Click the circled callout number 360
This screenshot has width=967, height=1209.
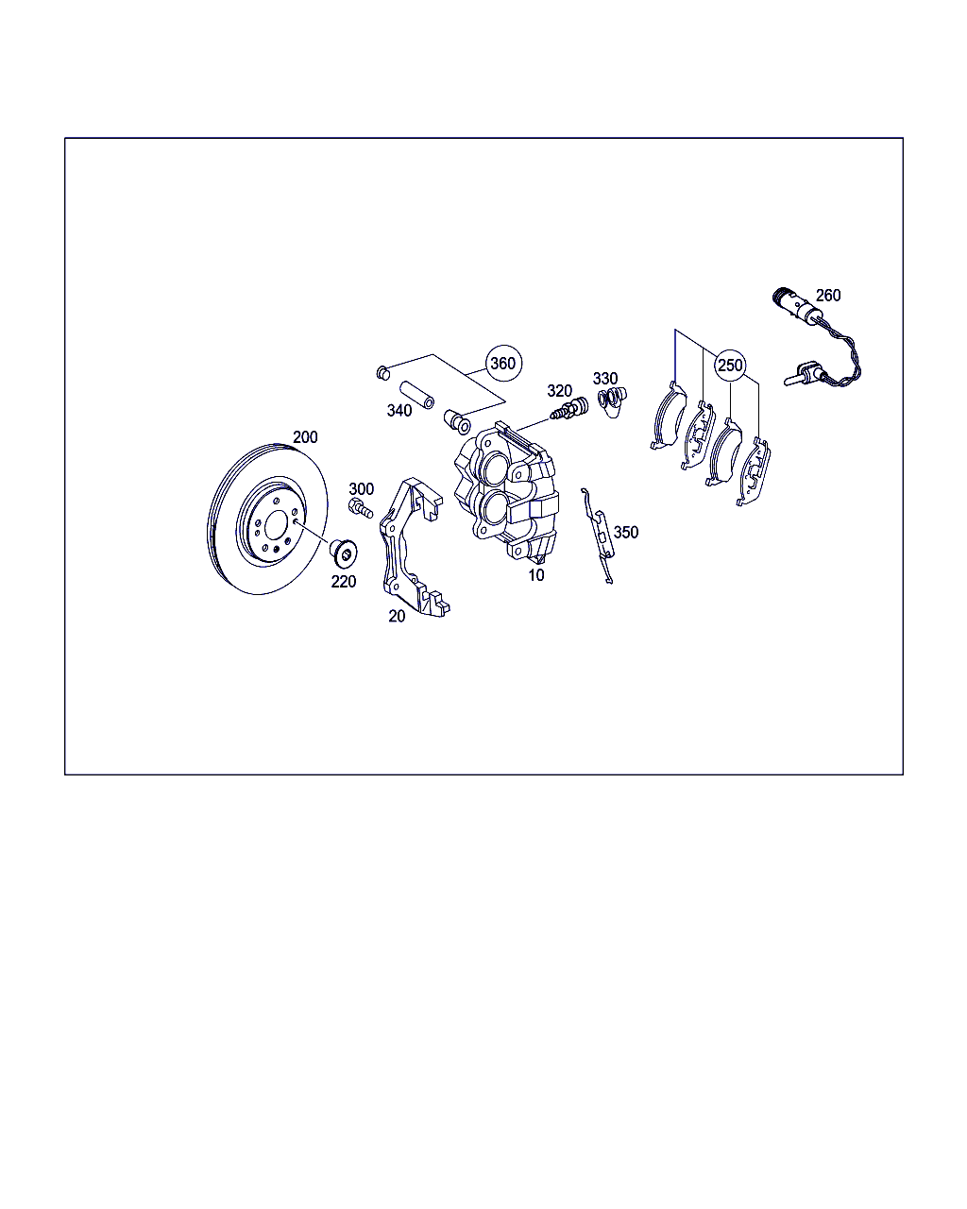coord(503,364)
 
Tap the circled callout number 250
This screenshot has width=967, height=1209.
coord(730,366)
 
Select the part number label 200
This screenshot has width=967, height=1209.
coord(305,436)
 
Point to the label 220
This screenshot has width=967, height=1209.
coord(344,582)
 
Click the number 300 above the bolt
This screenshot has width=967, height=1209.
coord(362,488)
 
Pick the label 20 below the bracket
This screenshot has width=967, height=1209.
coord(397,616)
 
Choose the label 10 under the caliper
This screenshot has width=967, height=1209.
coord(536,574)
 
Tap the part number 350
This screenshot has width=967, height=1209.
coord(625,532)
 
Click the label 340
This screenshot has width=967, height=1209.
coord(399,411)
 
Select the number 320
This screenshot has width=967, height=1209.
coord(560,390)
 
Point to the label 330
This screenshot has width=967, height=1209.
coord(605,378)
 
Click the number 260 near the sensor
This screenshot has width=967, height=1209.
coord(828,295)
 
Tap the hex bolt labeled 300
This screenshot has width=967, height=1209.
coord(360,508)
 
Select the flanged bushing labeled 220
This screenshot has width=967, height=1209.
coord(343,553)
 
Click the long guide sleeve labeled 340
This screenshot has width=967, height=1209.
coord(416,395)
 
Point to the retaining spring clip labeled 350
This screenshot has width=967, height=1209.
coord(599,536)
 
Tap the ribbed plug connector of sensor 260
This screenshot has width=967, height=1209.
coord(783,297)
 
